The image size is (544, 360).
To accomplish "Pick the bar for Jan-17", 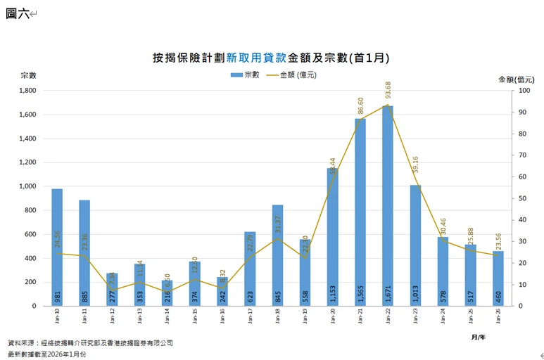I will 250,268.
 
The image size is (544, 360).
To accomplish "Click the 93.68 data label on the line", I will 388,91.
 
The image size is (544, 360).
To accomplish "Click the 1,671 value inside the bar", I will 388,293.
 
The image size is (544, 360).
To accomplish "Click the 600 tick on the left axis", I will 30,234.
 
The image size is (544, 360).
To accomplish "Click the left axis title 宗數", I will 28,75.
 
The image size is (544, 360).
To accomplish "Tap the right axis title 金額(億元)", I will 516,79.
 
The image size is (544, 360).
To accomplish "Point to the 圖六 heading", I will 18,13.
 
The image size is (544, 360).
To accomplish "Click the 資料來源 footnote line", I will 90,342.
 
